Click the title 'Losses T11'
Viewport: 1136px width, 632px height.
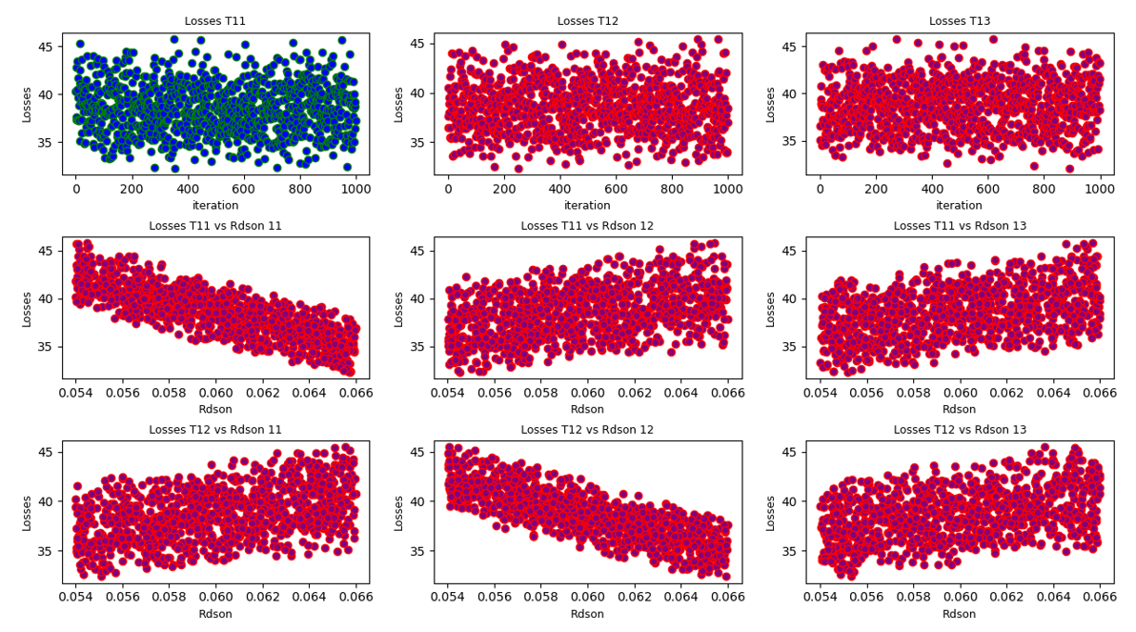point(215,21)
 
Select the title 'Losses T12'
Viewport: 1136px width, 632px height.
point(588,21)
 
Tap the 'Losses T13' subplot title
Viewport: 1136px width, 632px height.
point(960,21)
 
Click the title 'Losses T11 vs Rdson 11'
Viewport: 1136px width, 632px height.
point(215,226)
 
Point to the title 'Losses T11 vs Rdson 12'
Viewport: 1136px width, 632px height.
point(588,226)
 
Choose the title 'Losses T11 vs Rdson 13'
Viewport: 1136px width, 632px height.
point(960,226)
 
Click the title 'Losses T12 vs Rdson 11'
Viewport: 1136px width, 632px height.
point(215,430)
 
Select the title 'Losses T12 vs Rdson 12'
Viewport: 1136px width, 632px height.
point(588,430)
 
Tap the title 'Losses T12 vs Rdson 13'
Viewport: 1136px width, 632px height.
point(960,430)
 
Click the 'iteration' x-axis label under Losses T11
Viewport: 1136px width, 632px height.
point(215,205)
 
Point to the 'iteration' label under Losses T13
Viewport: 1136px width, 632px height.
point(960,205)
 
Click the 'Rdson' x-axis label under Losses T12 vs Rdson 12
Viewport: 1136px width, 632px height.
point(588,614)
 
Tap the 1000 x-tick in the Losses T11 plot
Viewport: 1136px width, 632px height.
point(355,190)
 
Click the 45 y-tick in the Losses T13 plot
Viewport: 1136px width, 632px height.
point(793,45)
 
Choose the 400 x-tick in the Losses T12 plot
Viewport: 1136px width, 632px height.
point(560,190)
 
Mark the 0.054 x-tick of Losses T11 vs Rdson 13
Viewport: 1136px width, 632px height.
point(820,393)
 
